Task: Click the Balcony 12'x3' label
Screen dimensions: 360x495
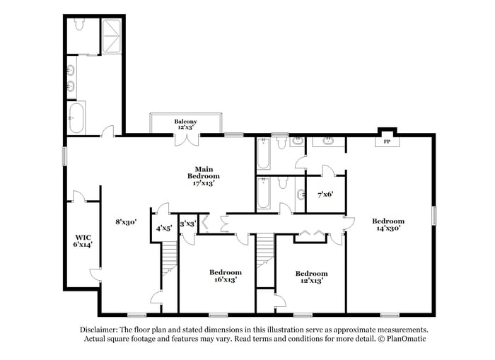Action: [186, 124]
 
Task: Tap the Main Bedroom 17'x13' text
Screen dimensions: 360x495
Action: [203, 175]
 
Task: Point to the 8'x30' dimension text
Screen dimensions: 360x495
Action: [125, 221]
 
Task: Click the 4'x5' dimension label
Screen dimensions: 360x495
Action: [164, 228]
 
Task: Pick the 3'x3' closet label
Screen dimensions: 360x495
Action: [187, 224]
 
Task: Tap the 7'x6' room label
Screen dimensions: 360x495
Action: [325, 194]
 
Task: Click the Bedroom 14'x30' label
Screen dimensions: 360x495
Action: [388, 225]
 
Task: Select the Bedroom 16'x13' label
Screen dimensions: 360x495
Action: [226, 275]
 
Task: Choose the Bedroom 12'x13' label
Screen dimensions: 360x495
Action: [311, 277]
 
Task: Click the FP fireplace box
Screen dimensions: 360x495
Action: [387, 141]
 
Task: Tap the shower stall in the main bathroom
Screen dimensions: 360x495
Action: [112, 37]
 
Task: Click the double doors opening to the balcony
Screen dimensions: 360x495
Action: [186, 139]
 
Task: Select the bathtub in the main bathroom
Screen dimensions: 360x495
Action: [76, 117]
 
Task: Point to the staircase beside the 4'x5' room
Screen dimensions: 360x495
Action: [169, 259]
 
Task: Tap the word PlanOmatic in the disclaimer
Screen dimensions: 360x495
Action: [406, 339]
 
